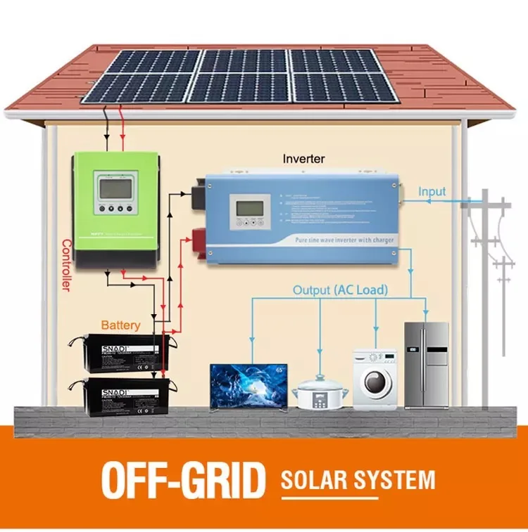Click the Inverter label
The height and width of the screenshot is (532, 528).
click(x=303, y=159)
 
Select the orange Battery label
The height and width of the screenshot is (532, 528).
click(x=120, y=325)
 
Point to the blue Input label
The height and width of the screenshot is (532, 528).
click(x=432, y=192)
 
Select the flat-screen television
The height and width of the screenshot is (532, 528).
click(x=249, y=385)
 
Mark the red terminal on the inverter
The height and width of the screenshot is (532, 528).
click(x=200, y=238)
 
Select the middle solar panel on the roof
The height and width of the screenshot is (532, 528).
click(x=239, y=76)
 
